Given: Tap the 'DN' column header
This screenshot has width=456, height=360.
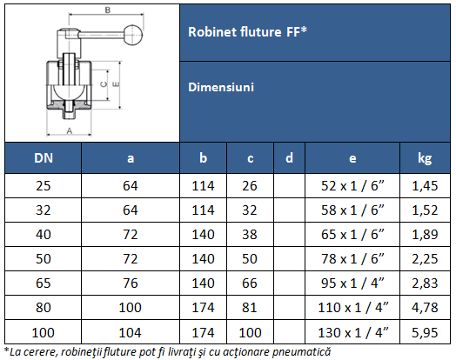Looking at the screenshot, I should tap(42, 158).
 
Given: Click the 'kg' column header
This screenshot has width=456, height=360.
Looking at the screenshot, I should tap(425, 158).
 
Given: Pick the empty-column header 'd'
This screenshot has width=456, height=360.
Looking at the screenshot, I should tap(289, 158).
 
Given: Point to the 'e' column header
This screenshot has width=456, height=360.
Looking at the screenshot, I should tap(352, 158).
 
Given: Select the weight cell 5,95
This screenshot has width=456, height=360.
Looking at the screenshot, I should tap(425, 331).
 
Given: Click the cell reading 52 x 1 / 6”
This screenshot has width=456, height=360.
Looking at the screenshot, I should tap(352, 186).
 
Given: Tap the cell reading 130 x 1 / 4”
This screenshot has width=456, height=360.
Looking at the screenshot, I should tap(352, 331).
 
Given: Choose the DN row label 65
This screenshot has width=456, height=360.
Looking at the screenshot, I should tap(42, 283).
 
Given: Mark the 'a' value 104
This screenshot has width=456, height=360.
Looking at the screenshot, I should tap(131, 331).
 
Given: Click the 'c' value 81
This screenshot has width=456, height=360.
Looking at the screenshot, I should tap(251, 307).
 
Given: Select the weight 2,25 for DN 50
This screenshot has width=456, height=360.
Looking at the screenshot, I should tap(425, 258).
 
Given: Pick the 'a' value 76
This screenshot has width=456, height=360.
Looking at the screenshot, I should tap(131, 283).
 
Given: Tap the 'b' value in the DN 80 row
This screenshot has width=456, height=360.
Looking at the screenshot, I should tap(203, 307).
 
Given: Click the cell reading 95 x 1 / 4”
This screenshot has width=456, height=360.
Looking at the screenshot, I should tap(352, 283).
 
